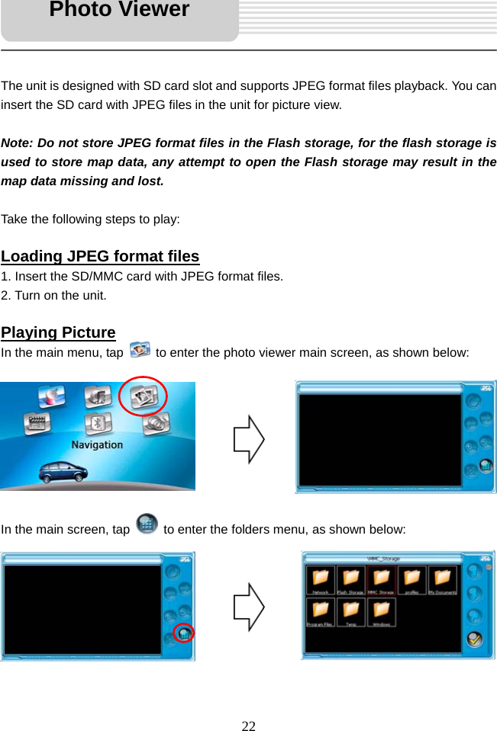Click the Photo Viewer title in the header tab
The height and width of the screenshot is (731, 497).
119,11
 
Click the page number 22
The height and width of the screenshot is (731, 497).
248,725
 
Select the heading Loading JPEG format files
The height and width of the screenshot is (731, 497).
100,256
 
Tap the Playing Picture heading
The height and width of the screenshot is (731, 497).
58,332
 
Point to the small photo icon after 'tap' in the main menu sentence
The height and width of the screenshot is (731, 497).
140,351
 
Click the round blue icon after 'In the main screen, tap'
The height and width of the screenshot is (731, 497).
147,524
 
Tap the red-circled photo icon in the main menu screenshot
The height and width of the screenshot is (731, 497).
145,396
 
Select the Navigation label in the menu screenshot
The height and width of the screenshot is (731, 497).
97,444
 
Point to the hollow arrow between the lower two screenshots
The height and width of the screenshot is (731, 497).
249,606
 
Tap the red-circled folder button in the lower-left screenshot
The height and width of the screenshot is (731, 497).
184,633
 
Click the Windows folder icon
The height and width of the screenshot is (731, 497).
381,611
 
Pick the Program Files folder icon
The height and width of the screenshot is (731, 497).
320,611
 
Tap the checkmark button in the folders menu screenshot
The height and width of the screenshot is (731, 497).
474,639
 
